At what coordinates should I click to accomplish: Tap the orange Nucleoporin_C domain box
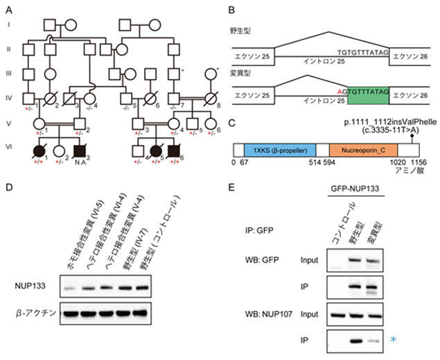pyautogui.click(x=364, y=149)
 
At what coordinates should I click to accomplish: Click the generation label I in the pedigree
pyautogui.click(x=9, y=26)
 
